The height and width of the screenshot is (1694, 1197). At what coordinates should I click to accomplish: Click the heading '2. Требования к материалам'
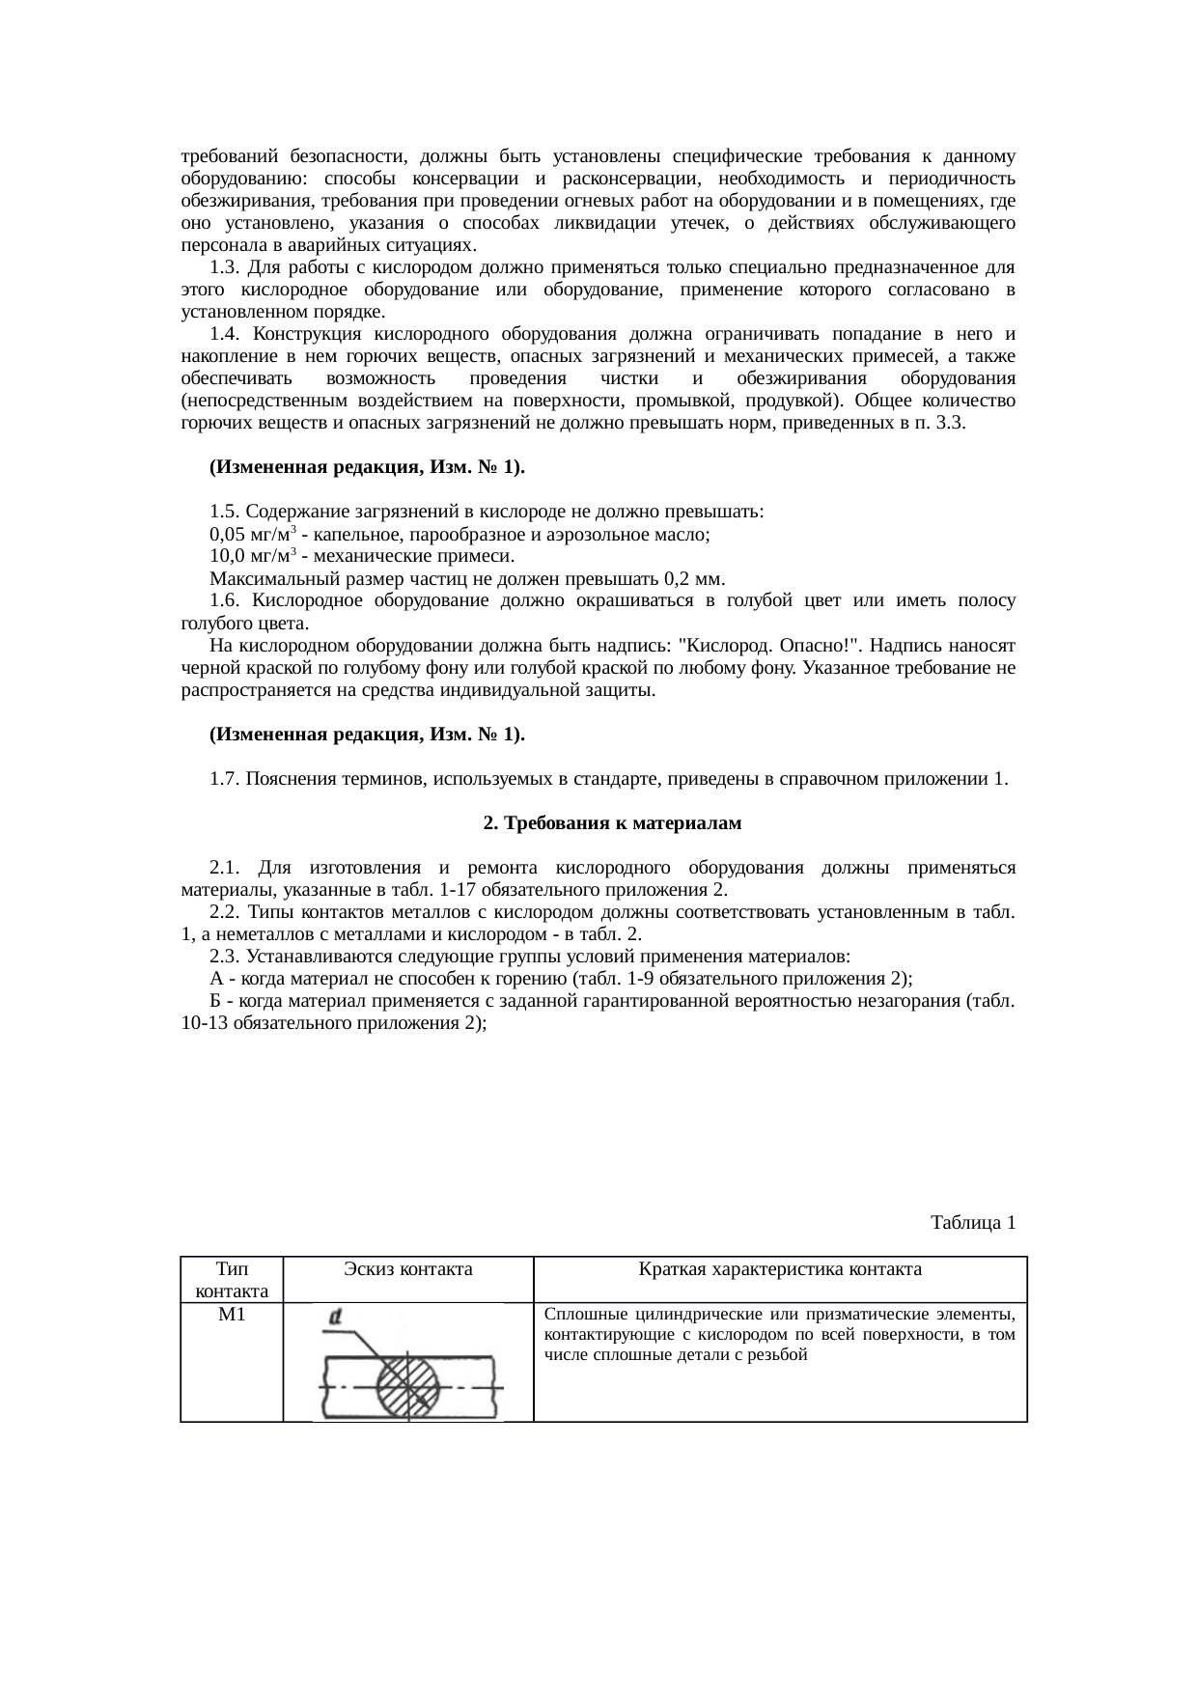pos(611,823)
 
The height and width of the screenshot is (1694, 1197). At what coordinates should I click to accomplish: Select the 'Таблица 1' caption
pos(972,1223)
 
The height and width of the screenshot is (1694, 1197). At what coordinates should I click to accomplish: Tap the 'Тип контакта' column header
pos(232,1279)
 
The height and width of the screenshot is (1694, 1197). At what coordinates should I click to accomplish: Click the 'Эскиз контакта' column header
pos(408,1269)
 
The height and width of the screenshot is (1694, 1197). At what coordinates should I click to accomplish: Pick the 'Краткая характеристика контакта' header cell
pos(780,1269)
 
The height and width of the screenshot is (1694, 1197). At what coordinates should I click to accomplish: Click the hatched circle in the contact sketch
pos(406,1387)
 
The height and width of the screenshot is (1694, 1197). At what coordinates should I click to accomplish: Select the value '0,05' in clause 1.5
pos(228,535)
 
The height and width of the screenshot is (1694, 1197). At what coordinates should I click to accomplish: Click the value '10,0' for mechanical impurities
pos(228,557)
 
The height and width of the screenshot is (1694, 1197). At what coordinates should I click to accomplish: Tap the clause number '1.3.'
pos(225,267)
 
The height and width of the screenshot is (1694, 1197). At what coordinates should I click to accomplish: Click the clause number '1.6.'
pos(225,601)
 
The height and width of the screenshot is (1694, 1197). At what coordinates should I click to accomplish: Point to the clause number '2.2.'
pos(225,912)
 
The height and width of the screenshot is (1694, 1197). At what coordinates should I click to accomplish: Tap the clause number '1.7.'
pos(225,779)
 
